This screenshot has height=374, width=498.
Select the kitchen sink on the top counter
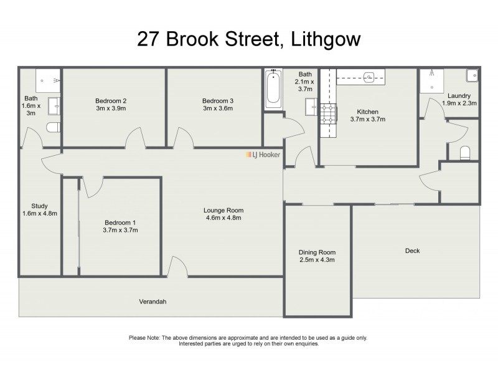click(369, 78)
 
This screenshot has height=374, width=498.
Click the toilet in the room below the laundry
click(464, 153)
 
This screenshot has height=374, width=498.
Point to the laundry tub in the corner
click(471, 75)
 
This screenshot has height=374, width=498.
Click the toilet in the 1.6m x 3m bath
click(53, 128)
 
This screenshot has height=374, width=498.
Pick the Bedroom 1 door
click(92, 186)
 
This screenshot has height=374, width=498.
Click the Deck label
click(412, 251)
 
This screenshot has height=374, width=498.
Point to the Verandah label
click(153, 302)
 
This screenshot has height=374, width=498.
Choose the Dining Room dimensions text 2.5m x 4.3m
click(317, 260)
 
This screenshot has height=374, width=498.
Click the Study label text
click(39, 206)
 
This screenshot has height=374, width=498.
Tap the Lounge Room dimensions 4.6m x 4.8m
click(223, 218)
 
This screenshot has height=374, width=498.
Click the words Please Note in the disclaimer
click(144, 338)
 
